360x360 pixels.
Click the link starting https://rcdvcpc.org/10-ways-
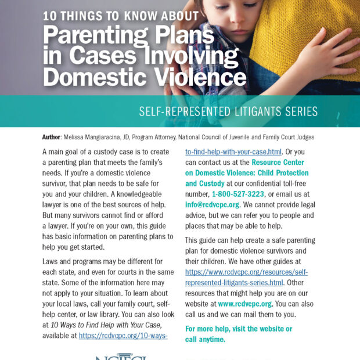pyautogui.click(x=123, y=335)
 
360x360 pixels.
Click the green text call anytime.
pyautogui.click(x=205, y=339)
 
